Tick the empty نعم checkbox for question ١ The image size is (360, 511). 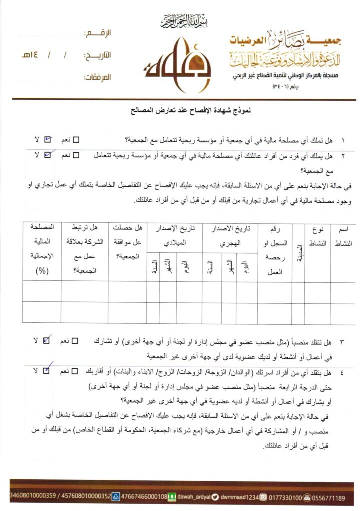click(x=77, y=140)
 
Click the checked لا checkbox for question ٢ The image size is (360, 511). click(x=48, y=155)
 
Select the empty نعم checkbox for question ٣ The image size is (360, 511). click(x=75, y=342)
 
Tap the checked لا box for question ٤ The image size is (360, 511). click(x=47, y=371)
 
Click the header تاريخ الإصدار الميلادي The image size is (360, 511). click(x=174, y=236)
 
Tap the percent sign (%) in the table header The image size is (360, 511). click(x=38, y=271)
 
